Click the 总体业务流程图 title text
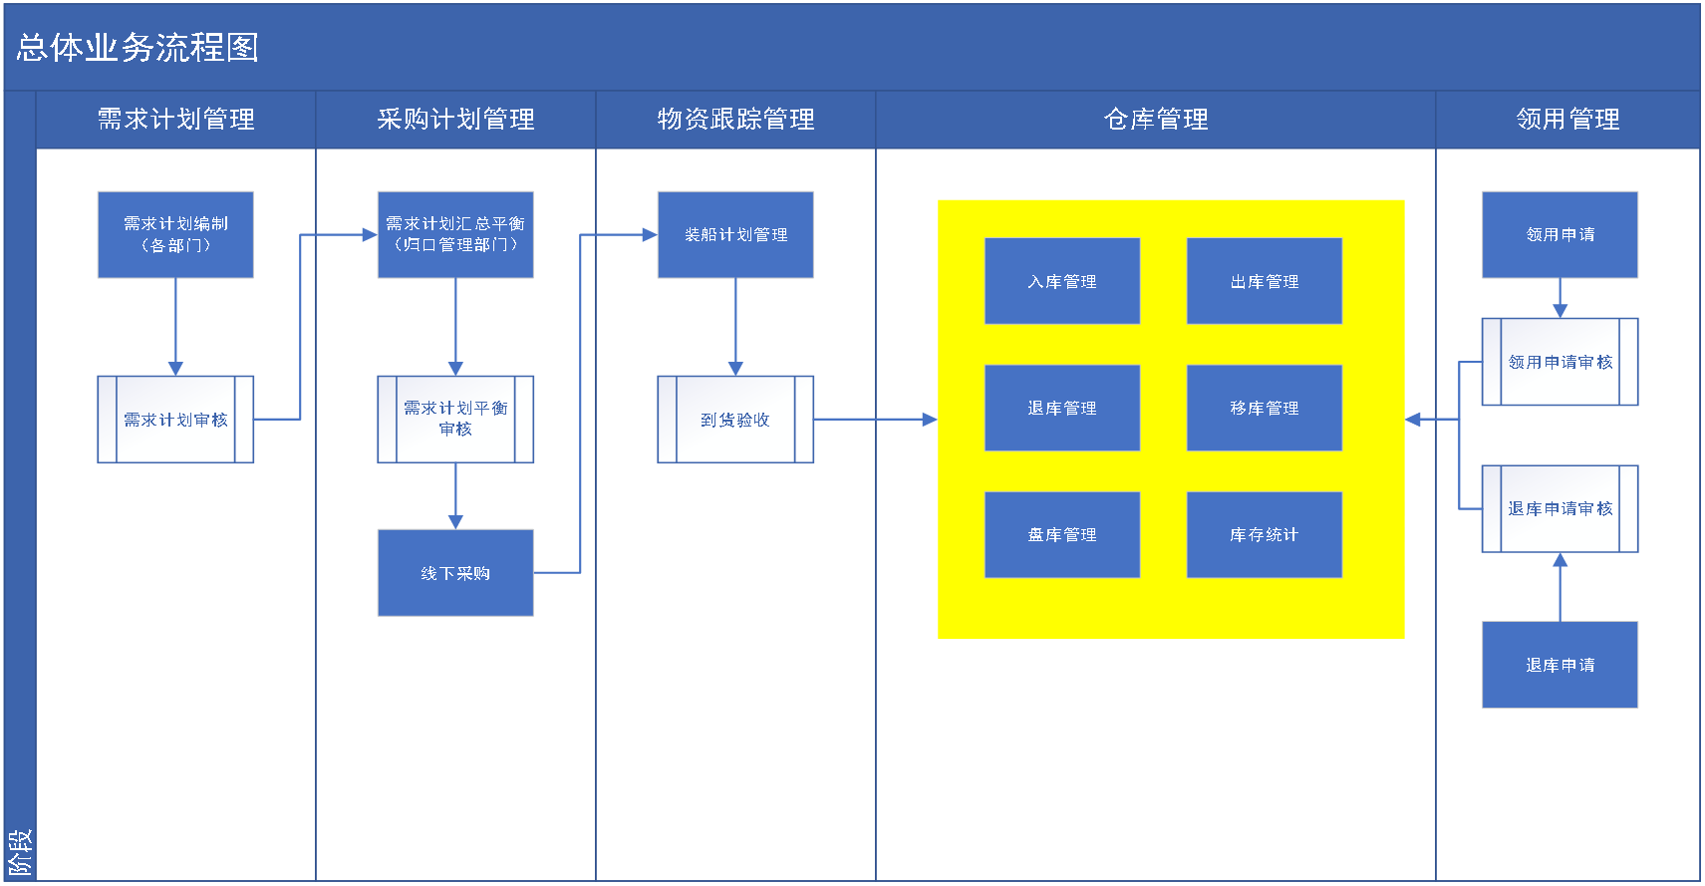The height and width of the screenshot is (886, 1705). (x=138, y=48)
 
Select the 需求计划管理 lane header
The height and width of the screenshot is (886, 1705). (x=175, y=120)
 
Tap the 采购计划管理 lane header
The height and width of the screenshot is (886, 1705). (x=455, y=120)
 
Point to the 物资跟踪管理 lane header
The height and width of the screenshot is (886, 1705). (x=735, y=120)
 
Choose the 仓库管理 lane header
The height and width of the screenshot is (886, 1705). (x=1156, y=120)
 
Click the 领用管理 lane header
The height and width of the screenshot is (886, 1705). (x=1567, y=120)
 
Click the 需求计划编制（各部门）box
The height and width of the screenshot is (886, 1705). (x=175, y=234)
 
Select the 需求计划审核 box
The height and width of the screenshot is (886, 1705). (x=175, y=420)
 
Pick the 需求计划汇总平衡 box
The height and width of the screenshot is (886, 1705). (x=455, y=234)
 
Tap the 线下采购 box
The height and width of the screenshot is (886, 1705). (x=455, y=573)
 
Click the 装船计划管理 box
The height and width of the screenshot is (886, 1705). (x=735, y=234)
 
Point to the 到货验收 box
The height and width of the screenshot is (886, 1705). (x=735, y=420)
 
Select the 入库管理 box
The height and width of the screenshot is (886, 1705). (x=1062, y=281)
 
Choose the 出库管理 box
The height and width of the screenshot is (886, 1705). (x=1265, y=281)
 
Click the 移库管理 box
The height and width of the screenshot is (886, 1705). (x=1265, y=408)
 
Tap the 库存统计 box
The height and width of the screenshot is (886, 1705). (x=1265, y=534)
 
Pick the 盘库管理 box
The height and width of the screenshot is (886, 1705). (x=1062, y=534)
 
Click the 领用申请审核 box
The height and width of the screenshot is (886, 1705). (x=1561, y=362)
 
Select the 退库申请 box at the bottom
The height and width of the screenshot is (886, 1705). (x=1561, y=665)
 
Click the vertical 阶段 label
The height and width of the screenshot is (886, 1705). (x=20, y=852)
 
